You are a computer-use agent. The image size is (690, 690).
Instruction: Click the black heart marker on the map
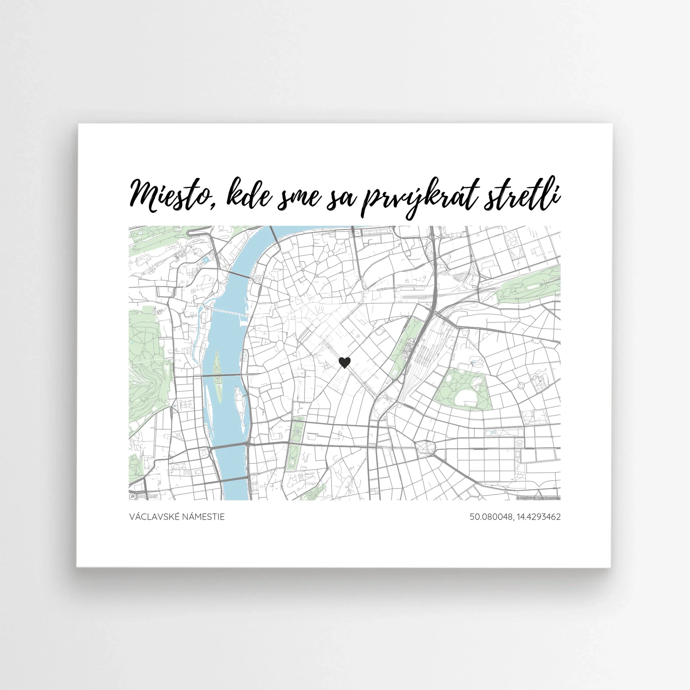(344, 362)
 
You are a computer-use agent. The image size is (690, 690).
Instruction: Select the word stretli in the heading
(522, 196)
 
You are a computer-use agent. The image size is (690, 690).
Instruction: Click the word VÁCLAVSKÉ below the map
(154, 517)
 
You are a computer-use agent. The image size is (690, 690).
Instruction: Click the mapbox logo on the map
(144, 496)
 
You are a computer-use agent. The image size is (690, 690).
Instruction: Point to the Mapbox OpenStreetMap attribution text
(538, 498)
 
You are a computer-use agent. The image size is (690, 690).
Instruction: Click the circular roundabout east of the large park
(521, 386)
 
